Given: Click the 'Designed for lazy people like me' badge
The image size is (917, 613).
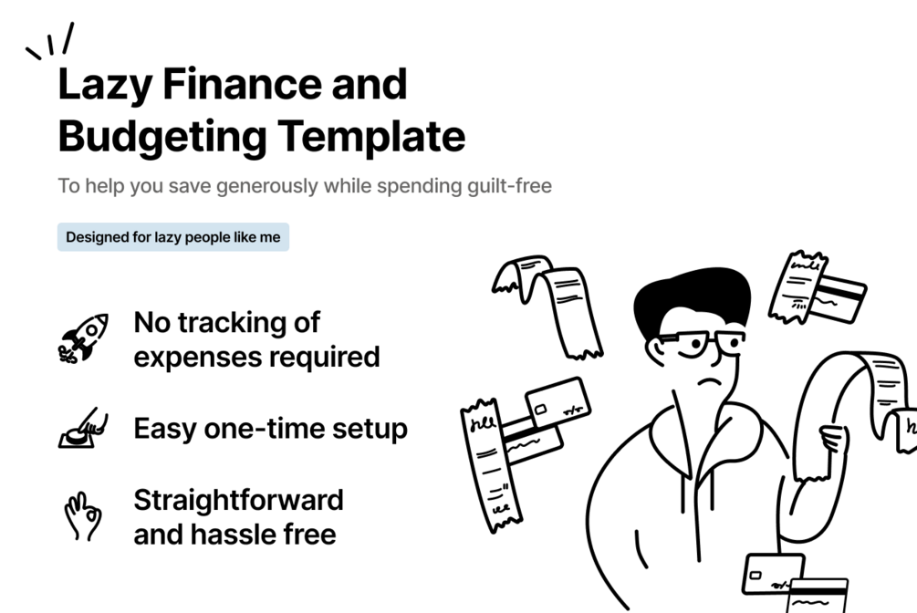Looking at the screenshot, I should (x=173, y=237).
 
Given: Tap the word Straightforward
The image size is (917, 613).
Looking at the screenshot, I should (x=238, y=500).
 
